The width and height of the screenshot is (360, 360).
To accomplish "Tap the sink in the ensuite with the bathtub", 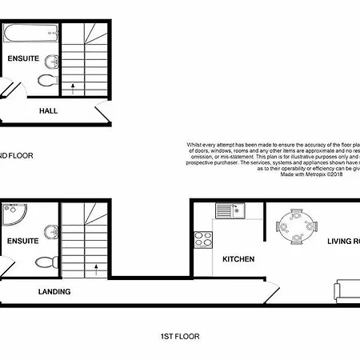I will [x=51, y=62].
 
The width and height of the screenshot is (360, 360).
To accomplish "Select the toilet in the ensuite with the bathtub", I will [x=48, y=81].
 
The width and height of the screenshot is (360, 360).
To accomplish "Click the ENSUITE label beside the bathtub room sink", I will [x=22, y=59].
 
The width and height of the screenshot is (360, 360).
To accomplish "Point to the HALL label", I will [x=48, y=111].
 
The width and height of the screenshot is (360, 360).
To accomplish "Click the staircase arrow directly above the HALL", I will [x=74, y=84].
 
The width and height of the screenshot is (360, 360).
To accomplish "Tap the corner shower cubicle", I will [x=14, y=215].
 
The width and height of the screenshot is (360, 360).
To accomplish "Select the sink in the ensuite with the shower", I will [x=51, y=232].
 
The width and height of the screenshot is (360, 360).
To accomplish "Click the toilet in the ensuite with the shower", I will [x=48, y=261].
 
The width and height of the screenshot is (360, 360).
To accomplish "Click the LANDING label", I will [x=54, y=292].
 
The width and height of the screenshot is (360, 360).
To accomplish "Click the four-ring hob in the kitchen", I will [x=203, y=239].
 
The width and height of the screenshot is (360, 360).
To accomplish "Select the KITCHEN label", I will [x=238, y=259].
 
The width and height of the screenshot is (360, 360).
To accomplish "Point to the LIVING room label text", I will [x=342, y=239].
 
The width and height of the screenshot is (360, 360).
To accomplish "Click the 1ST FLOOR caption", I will [x=178, y=337].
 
